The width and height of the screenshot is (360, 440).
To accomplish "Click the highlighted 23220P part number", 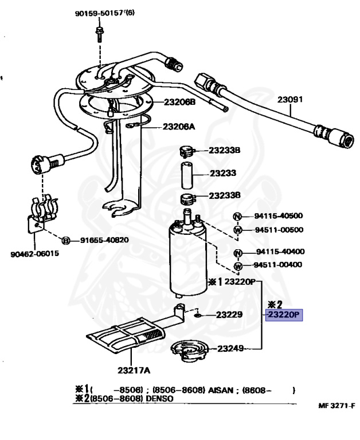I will click(x=284, y=314).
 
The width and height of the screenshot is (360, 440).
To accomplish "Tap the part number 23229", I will click(x=229, y=315).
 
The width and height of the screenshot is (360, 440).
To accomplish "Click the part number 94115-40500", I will click(x=279, y=216).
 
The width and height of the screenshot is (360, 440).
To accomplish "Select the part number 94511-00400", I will click(x=279, y=265).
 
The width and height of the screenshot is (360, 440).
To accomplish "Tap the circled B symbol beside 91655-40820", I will click(x=66, y=241).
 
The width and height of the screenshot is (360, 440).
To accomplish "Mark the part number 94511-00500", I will click(x=279, y=230).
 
